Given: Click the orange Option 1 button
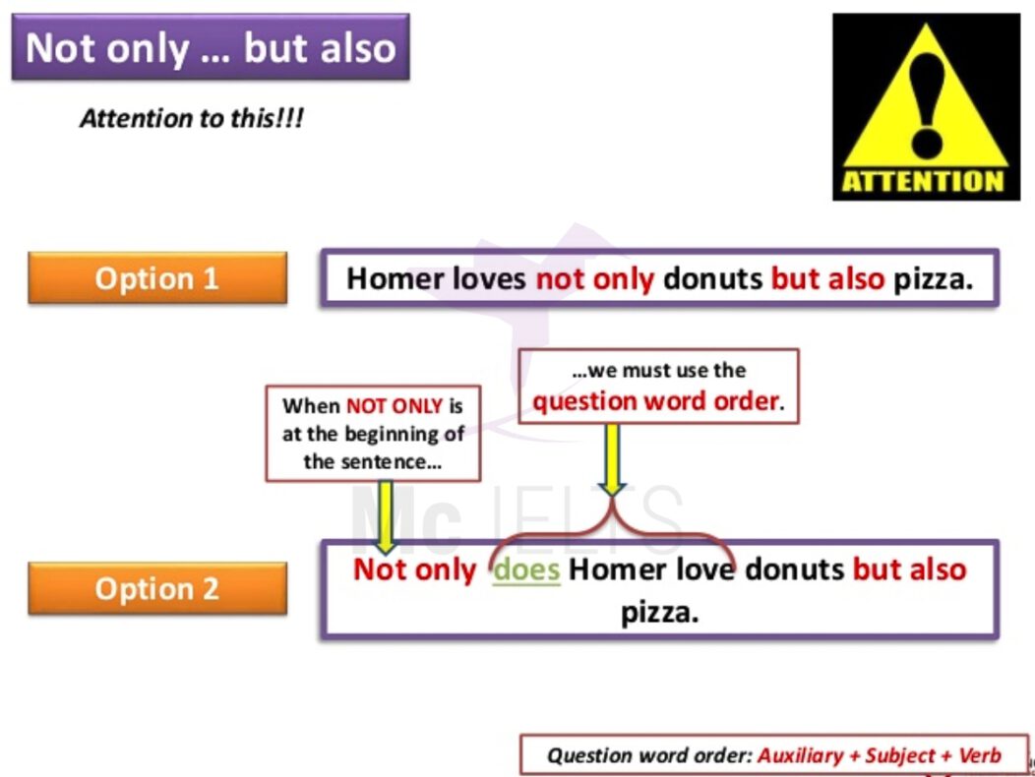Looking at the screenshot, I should [157, 278].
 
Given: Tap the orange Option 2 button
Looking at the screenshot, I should [157, 588].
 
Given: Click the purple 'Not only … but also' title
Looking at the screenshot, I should [211, 47].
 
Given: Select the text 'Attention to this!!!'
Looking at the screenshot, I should [192, 119].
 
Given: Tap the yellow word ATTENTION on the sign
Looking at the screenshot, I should [922, 182].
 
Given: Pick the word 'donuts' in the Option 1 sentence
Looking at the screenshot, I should [712, 279].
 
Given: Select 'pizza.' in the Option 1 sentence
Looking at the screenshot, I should [933, 279].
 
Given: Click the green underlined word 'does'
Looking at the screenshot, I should [526, 569].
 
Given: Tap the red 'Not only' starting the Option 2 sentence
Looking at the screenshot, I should [414, 569].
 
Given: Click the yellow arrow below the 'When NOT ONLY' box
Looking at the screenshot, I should [385, 516].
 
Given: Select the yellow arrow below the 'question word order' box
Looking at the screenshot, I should [613, 458].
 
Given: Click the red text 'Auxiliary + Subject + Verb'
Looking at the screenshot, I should [879, 755].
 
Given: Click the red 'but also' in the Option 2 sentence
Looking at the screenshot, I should [909, 569].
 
